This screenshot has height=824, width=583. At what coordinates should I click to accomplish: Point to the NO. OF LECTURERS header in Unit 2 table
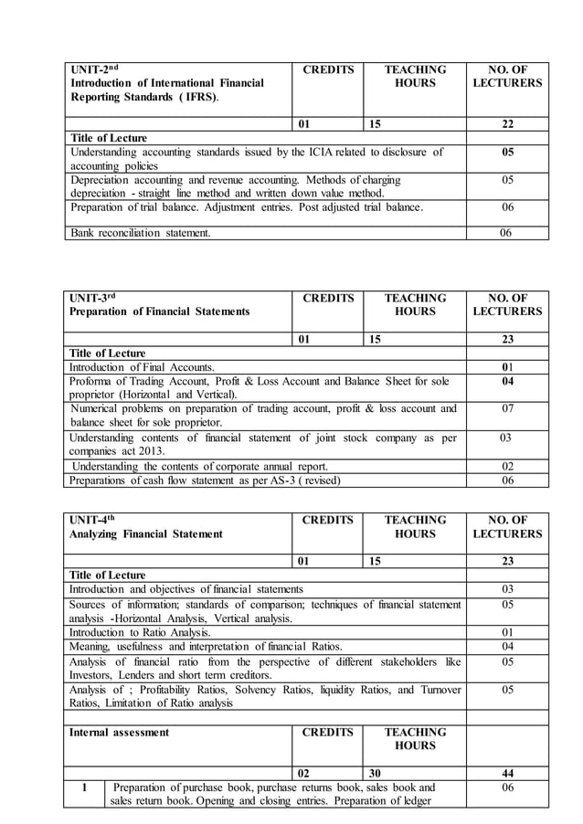(507, 76)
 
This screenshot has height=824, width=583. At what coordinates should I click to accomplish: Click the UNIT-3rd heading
(95, 298)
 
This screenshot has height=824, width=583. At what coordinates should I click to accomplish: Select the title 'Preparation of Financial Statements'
(160, 312)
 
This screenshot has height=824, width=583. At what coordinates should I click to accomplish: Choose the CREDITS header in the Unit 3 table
(327, 298)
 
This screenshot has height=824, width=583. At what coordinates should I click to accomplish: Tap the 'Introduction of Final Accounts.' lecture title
(143, 367)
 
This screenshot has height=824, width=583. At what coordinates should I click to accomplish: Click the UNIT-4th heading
(95, 520)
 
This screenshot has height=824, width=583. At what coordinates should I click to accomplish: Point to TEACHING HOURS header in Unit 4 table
(414, 527)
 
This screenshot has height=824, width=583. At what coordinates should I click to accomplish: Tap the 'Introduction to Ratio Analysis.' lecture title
(141, 631)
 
